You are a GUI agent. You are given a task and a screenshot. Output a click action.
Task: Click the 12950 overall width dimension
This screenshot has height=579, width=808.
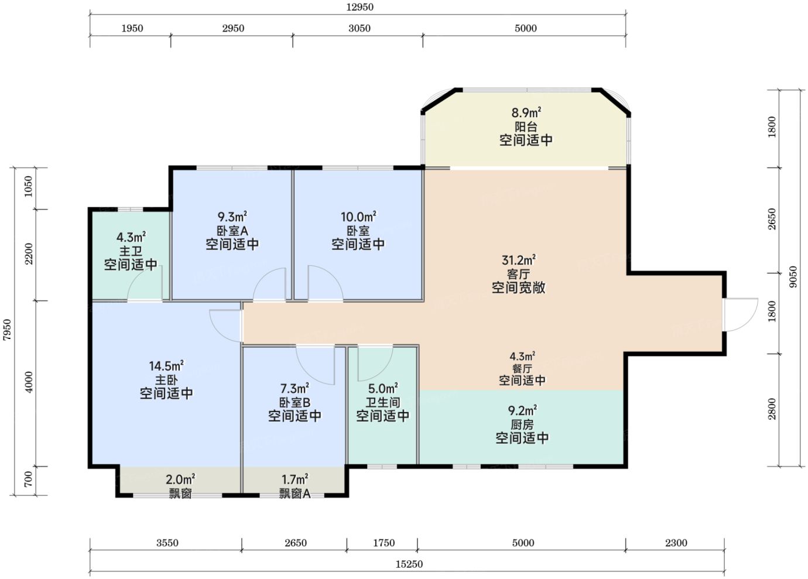coord(360,7)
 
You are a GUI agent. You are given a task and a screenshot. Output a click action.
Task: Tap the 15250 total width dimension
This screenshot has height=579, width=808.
coord(409,564)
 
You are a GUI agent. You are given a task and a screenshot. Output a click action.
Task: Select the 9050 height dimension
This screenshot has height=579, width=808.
coord(793,277)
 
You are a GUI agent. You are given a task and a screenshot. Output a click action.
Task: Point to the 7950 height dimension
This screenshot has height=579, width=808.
coord(7,330)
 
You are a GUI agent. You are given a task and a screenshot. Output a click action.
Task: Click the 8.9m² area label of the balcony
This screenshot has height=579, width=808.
coord(526,113)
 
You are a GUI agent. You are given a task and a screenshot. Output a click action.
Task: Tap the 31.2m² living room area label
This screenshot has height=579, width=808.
coord(519,260)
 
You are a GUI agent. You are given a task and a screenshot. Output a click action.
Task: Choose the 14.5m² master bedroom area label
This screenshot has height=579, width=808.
coord(166,366)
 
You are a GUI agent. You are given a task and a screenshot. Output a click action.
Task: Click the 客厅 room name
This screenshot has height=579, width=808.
coord(519,274)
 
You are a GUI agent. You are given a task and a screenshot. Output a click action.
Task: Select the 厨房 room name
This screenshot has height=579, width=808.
coord(522,424)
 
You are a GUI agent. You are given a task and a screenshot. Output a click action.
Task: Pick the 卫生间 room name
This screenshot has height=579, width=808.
coord(383,403)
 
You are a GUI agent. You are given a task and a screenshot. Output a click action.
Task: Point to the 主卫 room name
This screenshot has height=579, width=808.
coord(131,251)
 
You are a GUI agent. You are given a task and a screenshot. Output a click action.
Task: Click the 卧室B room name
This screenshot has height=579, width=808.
coord(295,403)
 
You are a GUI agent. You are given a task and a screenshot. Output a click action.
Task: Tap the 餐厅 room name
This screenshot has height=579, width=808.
coord(522,369)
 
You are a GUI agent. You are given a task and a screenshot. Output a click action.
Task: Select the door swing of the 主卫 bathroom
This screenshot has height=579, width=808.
coord(144,282)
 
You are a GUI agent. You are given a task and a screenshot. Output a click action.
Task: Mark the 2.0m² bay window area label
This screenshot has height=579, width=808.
coord(180,480)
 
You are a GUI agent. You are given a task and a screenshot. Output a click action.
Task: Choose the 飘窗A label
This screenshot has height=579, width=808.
coord(295,494)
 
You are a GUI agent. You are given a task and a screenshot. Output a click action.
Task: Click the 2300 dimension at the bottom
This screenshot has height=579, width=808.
coord(676,543)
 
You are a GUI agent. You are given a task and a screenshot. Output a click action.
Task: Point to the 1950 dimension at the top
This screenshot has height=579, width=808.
coord(132,28)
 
